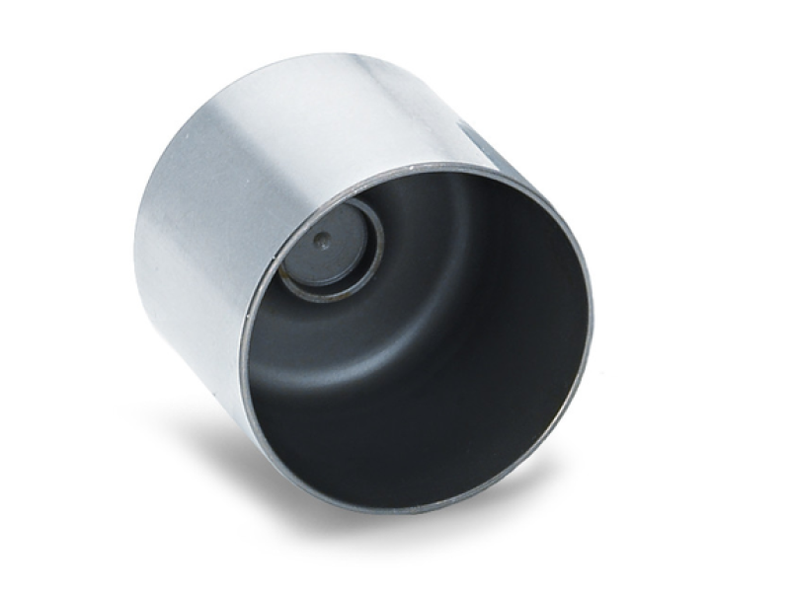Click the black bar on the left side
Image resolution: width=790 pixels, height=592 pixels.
click(x=34, y=296)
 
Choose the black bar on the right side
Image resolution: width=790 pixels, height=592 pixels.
click(x=755, y=296)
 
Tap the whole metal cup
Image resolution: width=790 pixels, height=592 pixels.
click(x=375, y=296)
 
